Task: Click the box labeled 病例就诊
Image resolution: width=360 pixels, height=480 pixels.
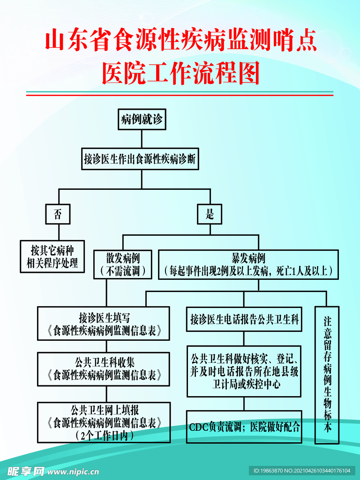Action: point(142,120)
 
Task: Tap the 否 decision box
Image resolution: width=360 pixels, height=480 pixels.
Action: point(58,215)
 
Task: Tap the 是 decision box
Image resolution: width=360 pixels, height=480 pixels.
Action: point(210,215)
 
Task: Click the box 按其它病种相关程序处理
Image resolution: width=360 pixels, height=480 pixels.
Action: point(52,256)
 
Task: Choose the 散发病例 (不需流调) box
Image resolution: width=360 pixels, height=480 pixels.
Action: point(123,264)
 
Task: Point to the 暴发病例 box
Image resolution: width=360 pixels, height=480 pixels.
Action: point(248,264)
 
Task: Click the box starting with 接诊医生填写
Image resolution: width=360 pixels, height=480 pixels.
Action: point(104,323)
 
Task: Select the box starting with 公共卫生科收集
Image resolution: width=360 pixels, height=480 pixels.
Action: point(104,369)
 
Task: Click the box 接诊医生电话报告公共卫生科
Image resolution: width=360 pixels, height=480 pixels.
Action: point(244,320)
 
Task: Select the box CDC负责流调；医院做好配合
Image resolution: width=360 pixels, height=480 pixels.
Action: point(244,427)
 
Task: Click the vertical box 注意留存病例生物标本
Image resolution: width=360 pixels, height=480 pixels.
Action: point(327,375)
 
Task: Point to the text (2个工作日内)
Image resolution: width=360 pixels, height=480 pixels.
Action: point(104,435)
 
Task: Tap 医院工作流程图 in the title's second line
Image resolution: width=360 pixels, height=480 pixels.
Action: point(180,74)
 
